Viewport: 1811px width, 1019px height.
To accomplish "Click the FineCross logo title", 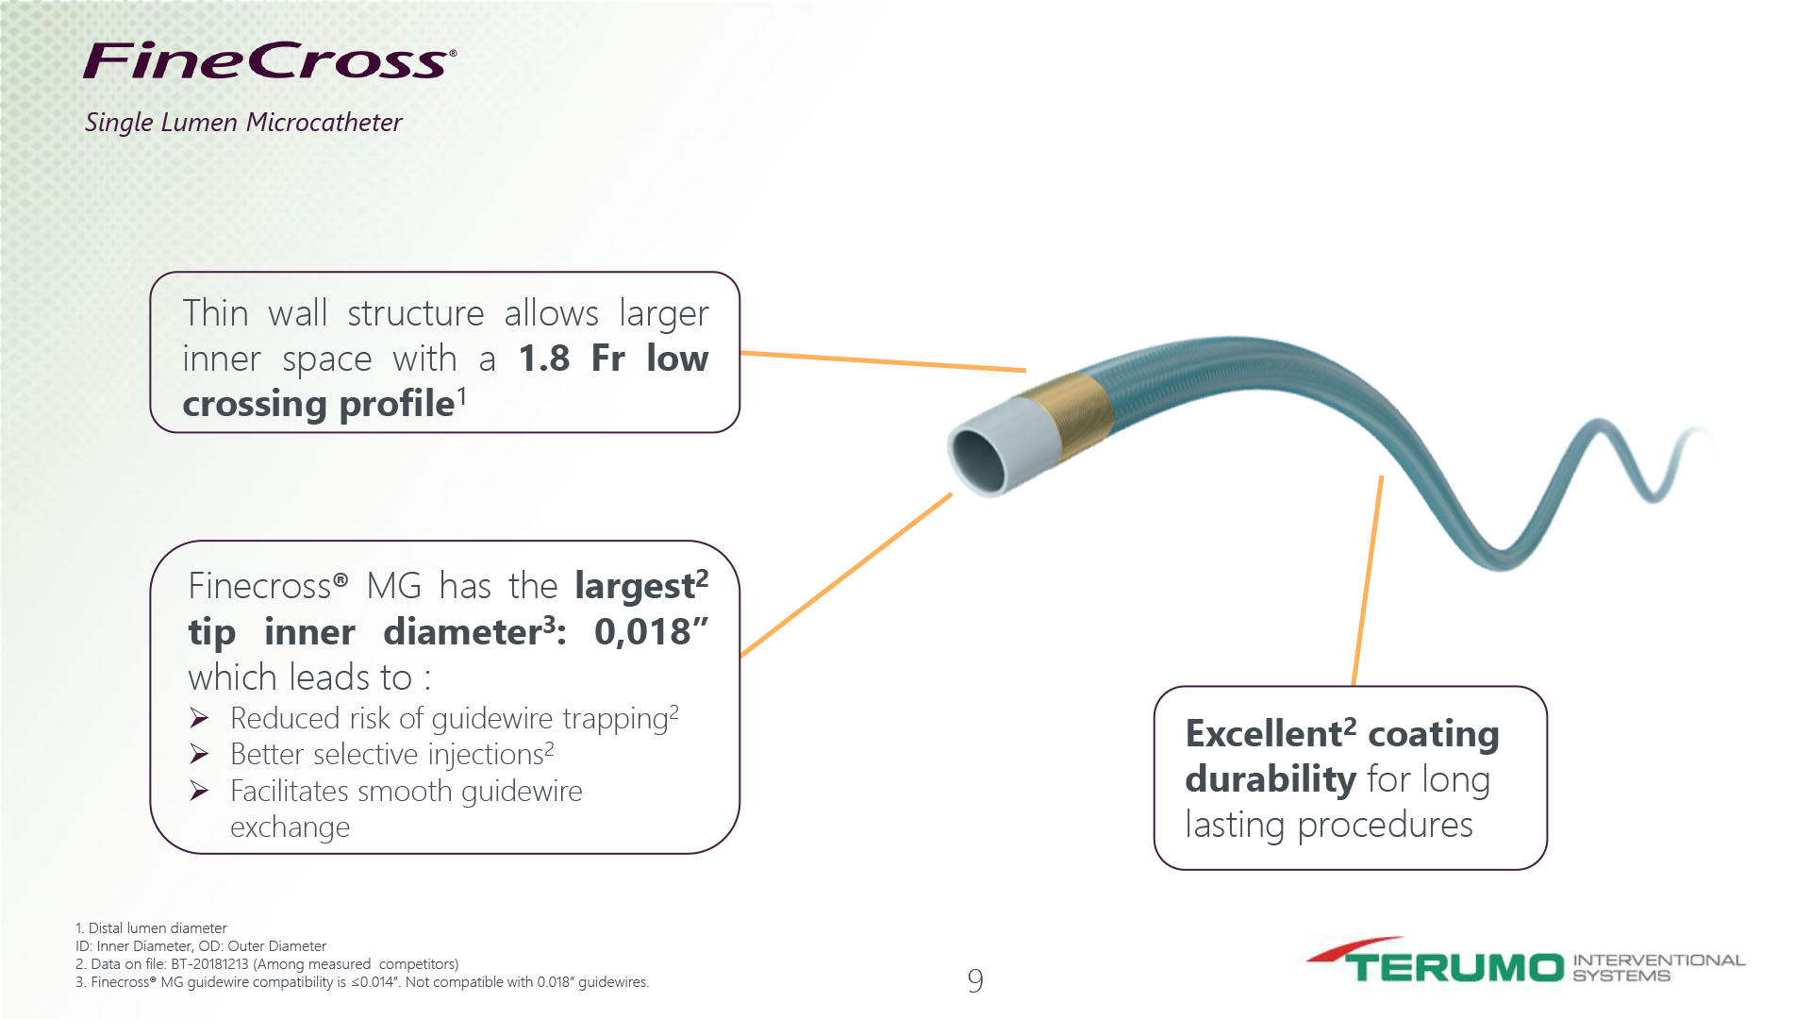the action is tap(270, 59).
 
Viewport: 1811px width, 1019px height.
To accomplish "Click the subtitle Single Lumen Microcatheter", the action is tap(243, 123).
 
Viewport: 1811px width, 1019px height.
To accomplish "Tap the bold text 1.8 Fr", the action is tap(572, 359).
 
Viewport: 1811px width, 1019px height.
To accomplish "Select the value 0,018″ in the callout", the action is tap(651, 631).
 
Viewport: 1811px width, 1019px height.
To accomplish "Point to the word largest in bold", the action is tap(635, 586).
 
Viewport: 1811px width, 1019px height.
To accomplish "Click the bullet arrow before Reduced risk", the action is tap(199, 719).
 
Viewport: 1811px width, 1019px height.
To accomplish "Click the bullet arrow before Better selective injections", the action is tap(199, 754).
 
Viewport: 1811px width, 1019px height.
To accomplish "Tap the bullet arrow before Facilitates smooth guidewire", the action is tap(199, 791).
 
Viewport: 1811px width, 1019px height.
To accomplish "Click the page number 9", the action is tap(975, 981).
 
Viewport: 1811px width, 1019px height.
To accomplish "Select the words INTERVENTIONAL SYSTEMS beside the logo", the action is tap(1658, 968).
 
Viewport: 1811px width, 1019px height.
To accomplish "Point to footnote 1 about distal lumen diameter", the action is tap(151, 928).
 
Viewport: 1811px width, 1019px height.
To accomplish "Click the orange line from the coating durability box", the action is tap(1368, 580).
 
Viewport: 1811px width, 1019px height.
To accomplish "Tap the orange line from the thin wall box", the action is tap(883, 361).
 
